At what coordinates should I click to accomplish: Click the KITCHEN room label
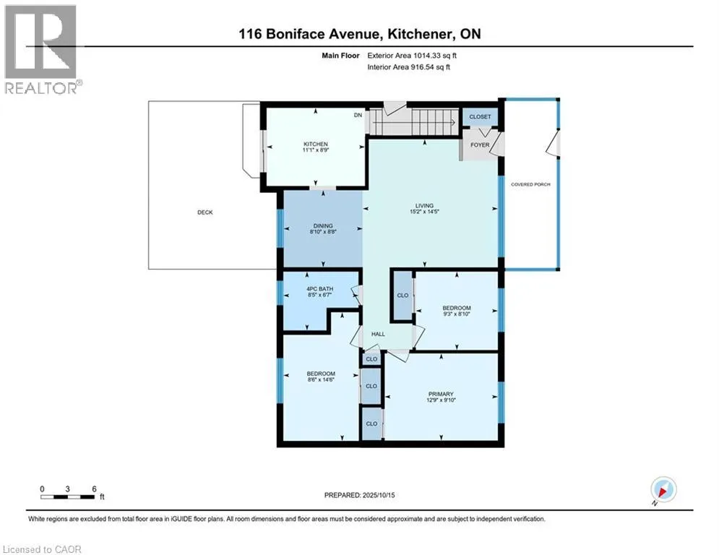[315, 144]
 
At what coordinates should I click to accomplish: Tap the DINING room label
[322, 225]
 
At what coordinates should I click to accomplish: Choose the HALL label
[378, 334]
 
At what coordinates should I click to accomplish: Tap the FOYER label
[480, 145]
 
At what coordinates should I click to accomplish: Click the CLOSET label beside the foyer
[480, 116]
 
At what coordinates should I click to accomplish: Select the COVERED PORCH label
[530, 184]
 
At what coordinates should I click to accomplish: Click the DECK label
[204, 212]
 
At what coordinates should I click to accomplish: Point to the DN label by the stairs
[358, 116]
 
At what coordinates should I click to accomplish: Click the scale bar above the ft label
[68, 496]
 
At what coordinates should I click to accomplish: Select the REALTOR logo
[41, 49]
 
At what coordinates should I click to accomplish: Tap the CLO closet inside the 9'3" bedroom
[402, 296]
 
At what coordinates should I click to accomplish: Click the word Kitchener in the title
[432, 34]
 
